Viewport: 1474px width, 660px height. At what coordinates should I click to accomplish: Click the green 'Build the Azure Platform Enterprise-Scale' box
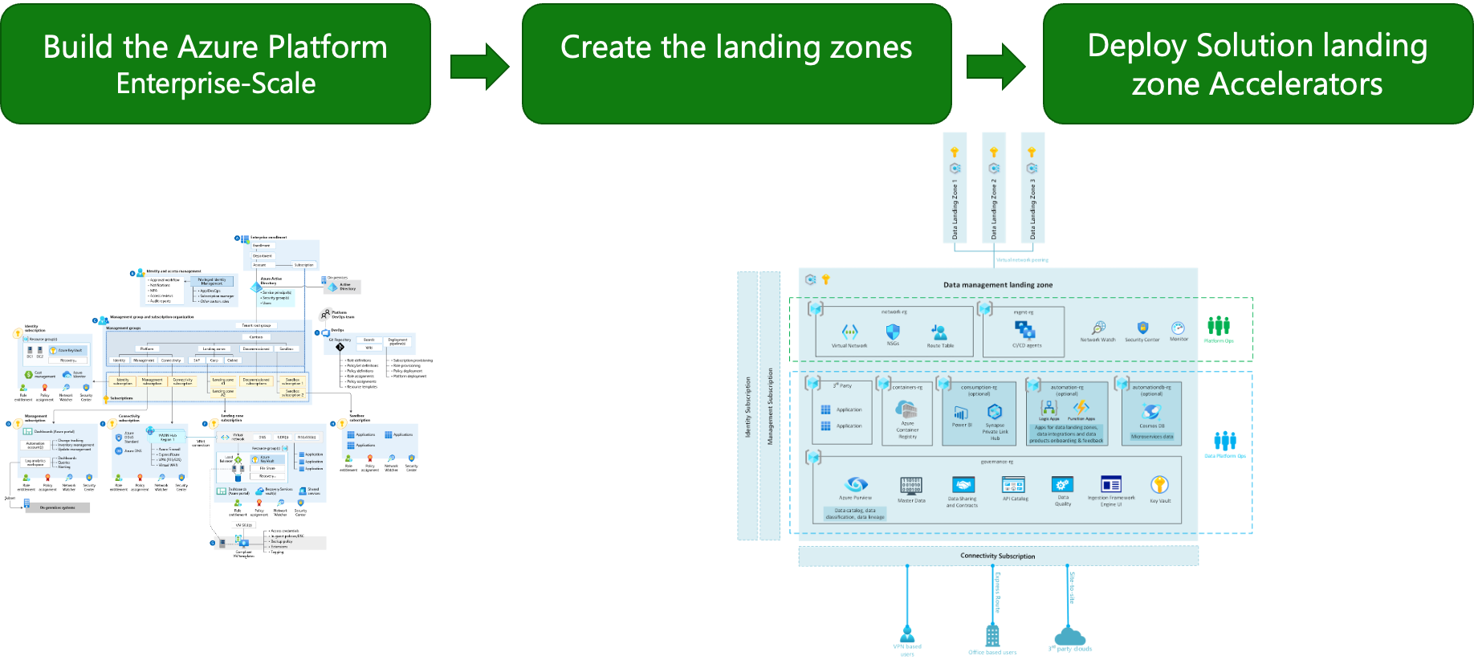pos(215,64)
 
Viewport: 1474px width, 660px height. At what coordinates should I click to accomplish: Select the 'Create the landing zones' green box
pos(736,64)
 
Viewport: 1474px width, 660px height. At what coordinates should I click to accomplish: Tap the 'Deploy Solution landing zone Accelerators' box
pos(1257,64)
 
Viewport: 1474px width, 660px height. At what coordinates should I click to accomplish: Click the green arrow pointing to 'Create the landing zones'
pos(479,66)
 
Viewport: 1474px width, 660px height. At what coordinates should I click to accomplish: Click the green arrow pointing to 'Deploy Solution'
pos(996,67)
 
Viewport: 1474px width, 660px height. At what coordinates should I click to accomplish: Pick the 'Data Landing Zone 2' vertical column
pos(993,188)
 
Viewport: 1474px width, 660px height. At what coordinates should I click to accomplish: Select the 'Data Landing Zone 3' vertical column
pos(1032,188)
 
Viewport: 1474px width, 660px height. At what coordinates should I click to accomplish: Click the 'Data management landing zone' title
pos(997,285)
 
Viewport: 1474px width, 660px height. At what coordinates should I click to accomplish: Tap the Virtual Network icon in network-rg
pos(849,332)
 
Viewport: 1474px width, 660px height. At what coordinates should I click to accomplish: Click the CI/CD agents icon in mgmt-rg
pos(1025,329)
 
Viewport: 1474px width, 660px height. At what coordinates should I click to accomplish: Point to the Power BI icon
pos(961,413)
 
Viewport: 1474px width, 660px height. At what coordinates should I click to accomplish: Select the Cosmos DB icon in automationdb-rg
pos(1151,412)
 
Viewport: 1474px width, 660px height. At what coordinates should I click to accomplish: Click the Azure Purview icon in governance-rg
pos(856,484)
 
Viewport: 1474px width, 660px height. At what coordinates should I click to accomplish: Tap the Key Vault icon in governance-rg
pos(1159,485)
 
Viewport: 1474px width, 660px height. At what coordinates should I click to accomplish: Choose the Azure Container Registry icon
pos(906,409)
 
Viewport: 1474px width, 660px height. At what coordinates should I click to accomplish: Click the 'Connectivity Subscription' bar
pos(998,556)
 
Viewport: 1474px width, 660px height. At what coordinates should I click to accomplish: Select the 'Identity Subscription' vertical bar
pos(747,406)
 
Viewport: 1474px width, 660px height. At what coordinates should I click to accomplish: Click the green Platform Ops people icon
pos(1219,325)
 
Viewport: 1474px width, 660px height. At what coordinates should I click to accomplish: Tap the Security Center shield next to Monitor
pos(1142,328)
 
